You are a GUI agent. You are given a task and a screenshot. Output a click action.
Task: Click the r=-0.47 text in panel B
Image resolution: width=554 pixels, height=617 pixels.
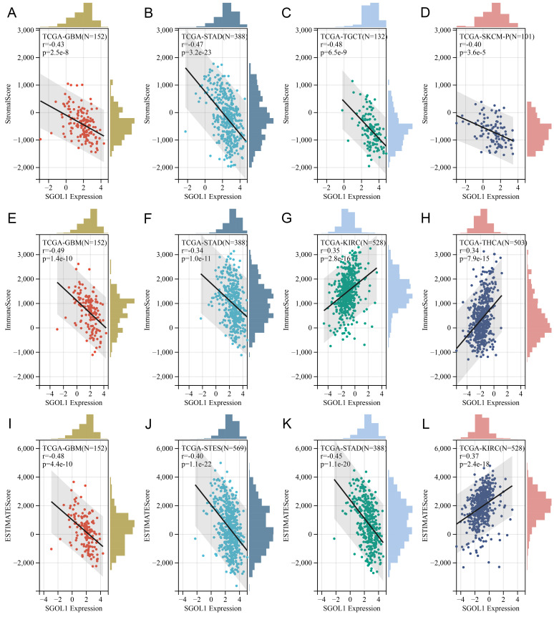[188, 47]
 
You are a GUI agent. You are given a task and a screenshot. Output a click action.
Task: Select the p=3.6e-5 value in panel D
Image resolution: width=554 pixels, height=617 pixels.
[476, 57]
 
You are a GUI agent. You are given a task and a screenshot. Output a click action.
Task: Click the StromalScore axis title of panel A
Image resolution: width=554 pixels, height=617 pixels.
[9, 99]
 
